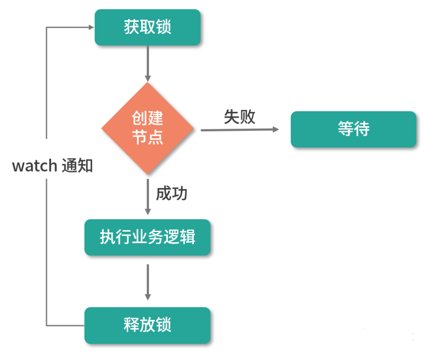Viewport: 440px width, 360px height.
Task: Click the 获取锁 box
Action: (147, 27)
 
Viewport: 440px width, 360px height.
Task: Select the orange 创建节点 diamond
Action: (147, 128)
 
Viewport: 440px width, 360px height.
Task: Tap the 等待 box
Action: (353, 129)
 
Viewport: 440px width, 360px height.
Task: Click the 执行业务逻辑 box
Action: (147, 237)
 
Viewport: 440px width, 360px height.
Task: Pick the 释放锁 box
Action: (147, 326)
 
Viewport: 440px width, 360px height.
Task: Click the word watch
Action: (34, 166)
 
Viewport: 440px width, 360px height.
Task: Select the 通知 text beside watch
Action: (77, 166)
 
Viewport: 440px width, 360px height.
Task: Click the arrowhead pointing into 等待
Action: (276, 129)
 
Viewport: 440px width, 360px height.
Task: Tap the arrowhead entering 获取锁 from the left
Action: (91, 27)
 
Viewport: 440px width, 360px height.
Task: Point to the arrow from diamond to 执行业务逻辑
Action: (147, 196)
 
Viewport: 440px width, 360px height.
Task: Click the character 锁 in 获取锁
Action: (164, 27)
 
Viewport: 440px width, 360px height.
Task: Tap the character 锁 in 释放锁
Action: (164, 326)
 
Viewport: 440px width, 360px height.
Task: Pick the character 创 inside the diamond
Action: (139, 118)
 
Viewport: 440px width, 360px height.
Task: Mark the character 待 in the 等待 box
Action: (361, 129)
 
